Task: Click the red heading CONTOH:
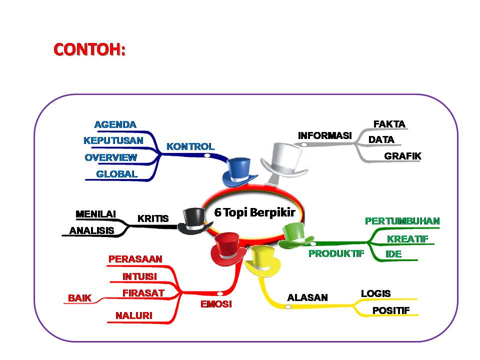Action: coord(89,49)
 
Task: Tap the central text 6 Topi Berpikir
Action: coord(254,212)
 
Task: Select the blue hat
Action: coord(239,172)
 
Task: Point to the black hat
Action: coord(194,221)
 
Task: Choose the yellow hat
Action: coord(263,261)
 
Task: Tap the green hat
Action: coord(295,235)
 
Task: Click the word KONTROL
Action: coord(190,146)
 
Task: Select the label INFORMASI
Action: coord(325,135)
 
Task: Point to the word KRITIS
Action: coord(153,218)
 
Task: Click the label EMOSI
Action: coord(216,304)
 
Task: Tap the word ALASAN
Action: coord(307,297)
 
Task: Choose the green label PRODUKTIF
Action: coord(336,253)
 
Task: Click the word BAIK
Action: coord(79,298)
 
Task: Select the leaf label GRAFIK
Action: coord(402,156)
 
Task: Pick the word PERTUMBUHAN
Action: coord(402,221)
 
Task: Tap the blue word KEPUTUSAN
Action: coord(113,140)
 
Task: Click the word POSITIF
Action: coord(391,310)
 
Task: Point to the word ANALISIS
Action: coord(92,230)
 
